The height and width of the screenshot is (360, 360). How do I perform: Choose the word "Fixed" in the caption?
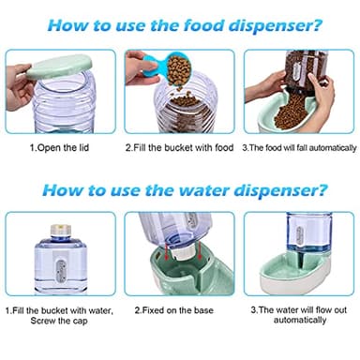click(x=154, y=310)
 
